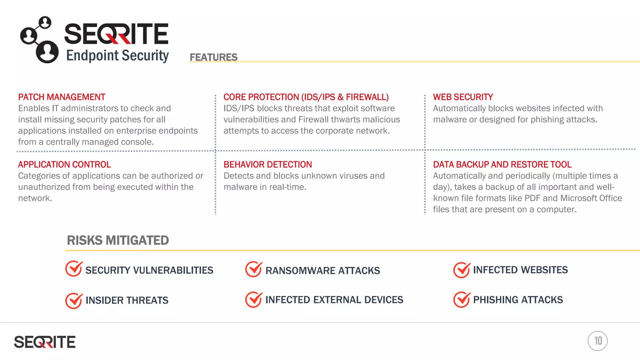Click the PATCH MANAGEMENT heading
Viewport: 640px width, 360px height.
(62, 97)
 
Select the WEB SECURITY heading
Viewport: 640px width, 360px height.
(463, 97)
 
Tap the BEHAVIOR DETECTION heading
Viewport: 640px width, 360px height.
(267, 165)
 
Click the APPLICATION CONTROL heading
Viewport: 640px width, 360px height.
(64, 165)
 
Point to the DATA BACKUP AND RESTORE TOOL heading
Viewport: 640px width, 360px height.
(502, 165)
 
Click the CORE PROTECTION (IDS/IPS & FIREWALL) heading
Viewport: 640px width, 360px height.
(306, 97)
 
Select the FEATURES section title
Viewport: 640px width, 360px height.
(213, 57)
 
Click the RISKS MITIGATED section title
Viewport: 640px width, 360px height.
(118, 240)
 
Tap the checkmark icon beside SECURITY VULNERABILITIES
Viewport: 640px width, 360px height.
(74, 269)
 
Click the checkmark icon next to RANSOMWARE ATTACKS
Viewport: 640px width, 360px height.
(253, 269)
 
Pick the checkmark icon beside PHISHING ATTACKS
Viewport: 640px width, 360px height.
(462, 300)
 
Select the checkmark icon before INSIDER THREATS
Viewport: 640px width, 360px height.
(74, 301)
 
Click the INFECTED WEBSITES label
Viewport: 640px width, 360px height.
(520, 270)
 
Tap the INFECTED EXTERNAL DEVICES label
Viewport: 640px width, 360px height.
(334, 300)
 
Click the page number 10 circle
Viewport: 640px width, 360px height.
(597, 341)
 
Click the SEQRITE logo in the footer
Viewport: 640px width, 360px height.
(45, 342)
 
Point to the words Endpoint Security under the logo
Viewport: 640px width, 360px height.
(117, 56)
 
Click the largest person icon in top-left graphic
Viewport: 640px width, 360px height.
(47, 52)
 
